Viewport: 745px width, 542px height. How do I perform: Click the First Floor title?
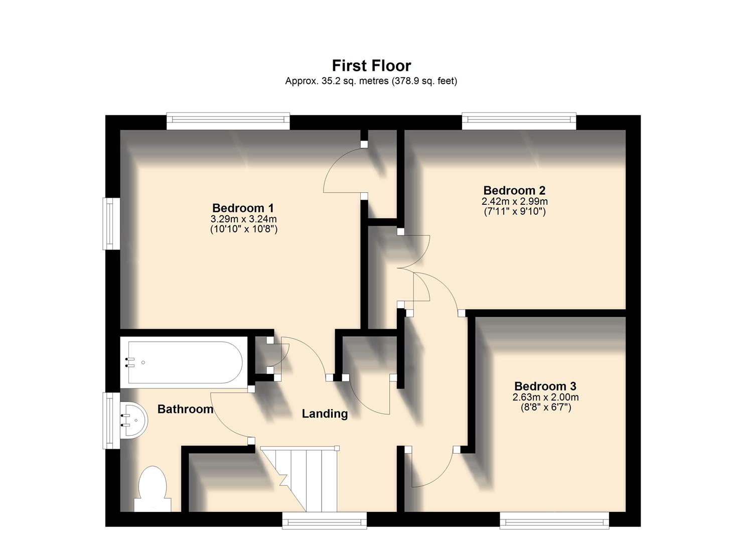371,66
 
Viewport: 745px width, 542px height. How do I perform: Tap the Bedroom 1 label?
243,208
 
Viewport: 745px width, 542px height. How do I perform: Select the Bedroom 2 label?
514,191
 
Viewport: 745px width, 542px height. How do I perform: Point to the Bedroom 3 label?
545,386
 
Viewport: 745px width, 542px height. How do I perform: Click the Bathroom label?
185,410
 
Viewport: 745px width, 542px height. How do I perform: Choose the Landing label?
325,414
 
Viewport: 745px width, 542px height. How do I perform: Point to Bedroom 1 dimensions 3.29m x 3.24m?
243,219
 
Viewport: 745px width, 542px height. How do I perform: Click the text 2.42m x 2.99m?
514,202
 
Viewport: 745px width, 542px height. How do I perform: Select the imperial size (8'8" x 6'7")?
545,408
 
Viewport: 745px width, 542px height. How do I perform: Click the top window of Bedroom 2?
519,119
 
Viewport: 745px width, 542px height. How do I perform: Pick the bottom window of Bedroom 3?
554,520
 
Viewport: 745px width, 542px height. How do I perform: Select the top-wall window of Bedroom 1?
228,119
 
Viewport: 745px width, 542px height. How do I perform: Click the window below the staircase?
324,520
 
